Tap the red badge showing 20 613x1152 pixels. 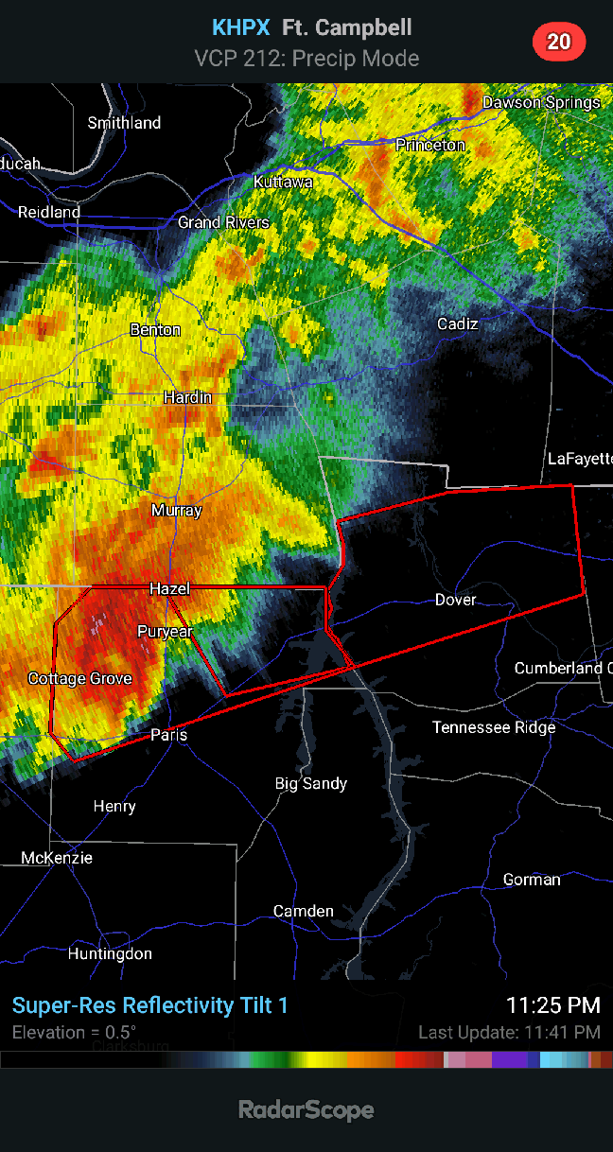[x=559, y=42]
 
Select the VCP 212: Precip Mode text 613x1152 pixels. [x=306, y=59]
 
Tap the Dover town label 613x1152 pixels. [x=455, y=600]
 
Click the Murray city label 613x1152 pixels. [x=176, y=511]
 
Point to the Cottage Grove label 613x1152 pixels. [x=79, y=678]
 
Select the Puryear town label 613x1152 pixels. [x=165, y=631]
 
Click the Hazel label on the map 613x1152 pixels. [x=169, y=588]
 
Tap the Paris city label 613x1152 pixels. [x=169, y=735]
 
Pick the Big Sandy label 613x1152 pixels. [x=311, y=783]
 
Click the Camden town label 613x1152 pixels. [x=303, y=911]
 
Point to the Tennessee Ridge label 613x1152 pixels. [x=494, y=727]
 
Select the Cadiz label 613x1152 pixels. [x=457, y=324]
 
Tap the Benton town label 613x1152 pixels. [x=155, y=330]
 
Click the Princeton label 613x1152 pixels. [x=430, y=145]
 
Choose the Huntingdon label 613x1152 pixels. [x=110, y=953]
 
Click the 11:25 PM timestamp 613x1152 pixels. [x=553, y=1005]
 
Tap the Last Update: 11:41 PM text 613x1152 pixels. [x=509, y=1032]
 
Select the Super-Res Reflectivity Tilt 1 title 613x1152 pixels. [x=149, y=1005]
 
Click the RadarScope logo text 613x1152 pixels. [x=306, y=1109]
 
